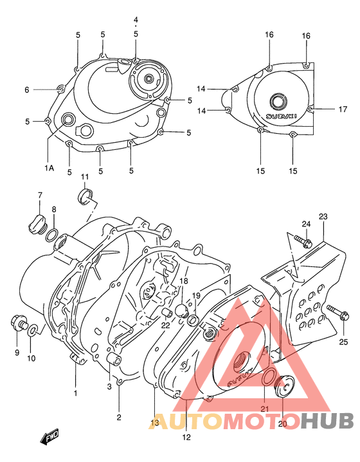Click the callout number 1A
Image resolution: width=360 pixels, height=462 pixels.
(x=50, y=168)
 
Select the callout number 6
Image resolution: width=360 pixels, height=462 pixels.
(x=27, y=90)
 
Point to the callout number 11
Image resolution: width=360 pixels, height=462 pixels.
(x=84, y=177)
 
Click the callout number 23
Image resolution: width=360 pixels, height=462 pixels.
(x=323, y=216)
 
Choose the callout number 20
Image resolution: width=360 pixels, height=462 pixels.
(x=282, y=424)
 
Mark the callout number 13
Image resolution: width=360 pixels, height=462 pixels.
(x=154, y=423)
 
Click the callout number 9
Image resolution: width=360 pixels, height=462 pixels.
(x=17, y=352)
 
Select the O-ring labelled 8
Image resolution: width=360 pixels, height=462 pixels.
(x=52, y=236)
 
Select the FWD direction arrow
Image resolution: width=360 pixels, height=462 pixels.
(x=51, y=439)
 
